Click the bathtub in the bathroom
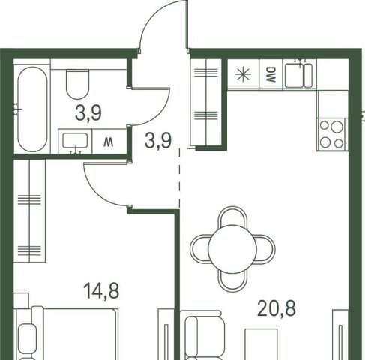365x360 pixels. point(32,109)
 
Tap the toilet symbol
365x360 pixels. point(78,84)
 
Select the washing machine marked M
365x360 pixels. point(109,142)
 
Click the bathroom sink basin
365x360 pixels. point(75,140)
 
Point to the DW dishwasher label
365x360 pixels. point(271,74)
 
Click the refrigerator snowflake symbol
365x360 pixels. point(244,74)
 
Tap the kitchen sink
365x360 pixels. point(299,74)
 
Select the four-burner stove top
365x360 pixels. point(332,135)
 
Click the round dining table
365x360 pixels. point(232,248)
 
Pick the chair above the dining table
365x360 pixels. point(232,215)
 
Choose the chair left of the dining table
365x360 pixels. point(199,249)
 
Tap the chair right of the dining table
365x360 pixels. point(266,249)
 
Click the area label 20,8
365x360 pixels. point(277,308)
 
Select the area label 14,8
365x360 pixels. point(101,291)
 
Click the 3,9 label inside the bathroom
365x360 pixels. point(88,112)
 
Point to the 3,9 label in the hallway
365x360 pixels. point(158,140)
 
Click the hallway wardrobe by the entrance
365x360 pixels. point(206,102)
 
